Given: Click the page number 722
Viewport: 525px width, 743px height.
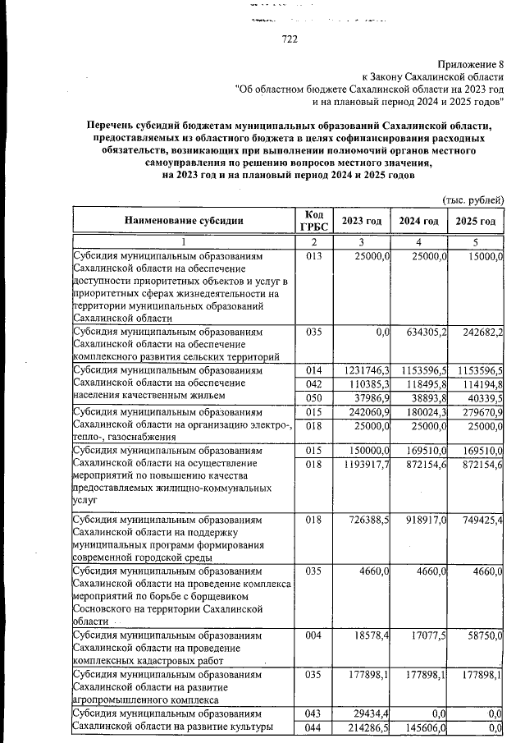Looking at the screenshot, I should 289,38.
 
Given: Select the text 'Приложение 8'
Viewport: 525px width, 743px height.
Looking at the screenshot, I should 470,64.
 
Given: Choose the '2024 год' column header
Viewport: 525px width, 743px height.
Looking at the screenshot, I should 418,221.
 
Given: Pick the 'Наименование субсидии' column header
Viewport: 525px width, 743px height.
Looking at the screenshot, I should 184,221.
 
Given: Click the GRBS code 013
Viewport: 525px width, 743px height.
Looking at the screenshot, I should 313,257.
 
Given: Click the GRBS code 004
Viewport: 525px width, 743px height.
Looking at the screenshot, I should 313,637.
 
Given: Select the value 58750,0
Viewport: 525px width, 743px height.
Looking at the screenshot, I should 482,637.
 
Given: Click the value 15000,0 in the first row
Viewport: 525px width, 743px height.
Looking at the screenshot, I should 482,257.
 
